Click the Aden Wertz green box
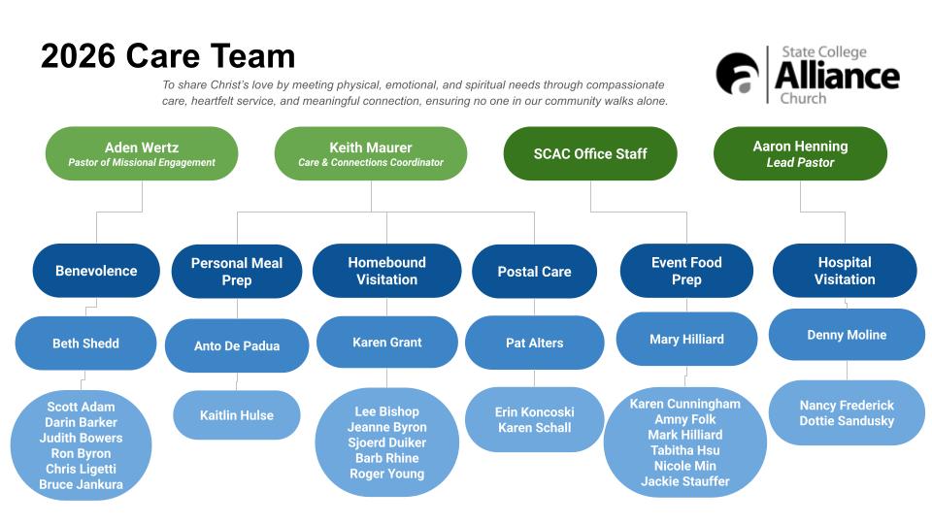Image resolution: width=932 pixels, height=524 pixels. point(142,153)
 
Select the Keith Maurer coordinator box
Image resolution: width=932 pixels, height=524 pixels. point(371,153)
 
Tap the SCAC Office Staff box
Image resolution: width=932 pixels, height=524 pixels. point(590,153)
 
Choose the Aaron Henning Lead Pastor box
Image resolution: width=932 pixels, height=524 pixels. point(800,153)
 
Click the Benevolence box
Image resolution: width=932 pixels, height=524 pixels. point(96,271)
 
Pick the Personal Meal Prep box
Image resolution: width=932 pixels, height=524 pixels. point(237,271)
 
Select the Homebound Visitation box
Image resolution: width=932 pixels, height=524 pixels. point(386,271)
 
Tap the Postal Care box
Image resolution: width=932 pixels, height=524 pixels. point(534,272)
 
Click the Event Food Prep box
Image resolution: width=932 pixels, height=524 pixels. point(686,271)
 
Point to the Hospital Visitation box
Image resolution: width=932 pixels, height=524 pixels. point(845,271)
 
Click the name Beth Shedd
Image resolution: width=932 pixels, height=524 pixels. point(85,343)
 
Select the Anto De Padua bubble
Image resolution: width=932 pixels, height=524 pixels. point(237,346)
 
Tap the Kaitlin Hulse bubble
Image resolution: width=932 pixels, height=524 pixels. point(237,415)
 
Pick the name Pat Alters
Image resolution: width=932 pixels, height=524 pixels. point(534,343)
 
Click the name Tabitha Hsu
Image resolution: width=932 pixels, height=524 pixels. point(684,450)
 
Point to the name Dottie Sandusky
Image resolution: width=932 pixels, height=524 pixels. point(847,421)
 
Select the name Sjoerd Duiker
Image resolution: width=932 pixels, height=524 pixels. point(386,442)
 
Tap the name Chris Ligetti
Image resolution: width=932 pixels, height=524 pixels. point(81,469)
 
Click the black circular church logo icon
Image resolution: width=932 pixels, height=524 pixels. point(738,75)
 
